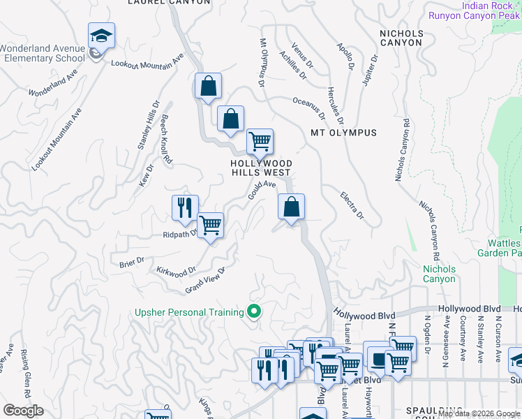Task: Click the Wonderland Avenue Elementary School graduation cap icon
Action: coord(101,35)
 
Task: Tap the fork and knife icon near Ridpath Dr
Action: coord(185,207)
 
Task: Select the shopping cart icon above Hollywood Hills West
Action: coord(260,141)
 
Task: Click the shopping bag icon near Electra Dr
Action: coord(292,207)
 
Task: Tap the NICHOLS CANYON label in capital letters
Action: coord(401,38)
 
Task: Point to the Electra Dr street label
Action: coord(352,205)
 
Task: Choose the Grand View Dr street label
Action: coord(205,281)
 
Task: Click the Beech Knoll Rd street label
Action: coord(167,139)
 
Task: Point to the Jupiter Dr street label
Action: coord(370,75)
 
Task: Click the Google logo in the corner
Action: coord(23,411)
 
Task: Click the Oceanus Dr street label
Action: coord(309,107)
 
